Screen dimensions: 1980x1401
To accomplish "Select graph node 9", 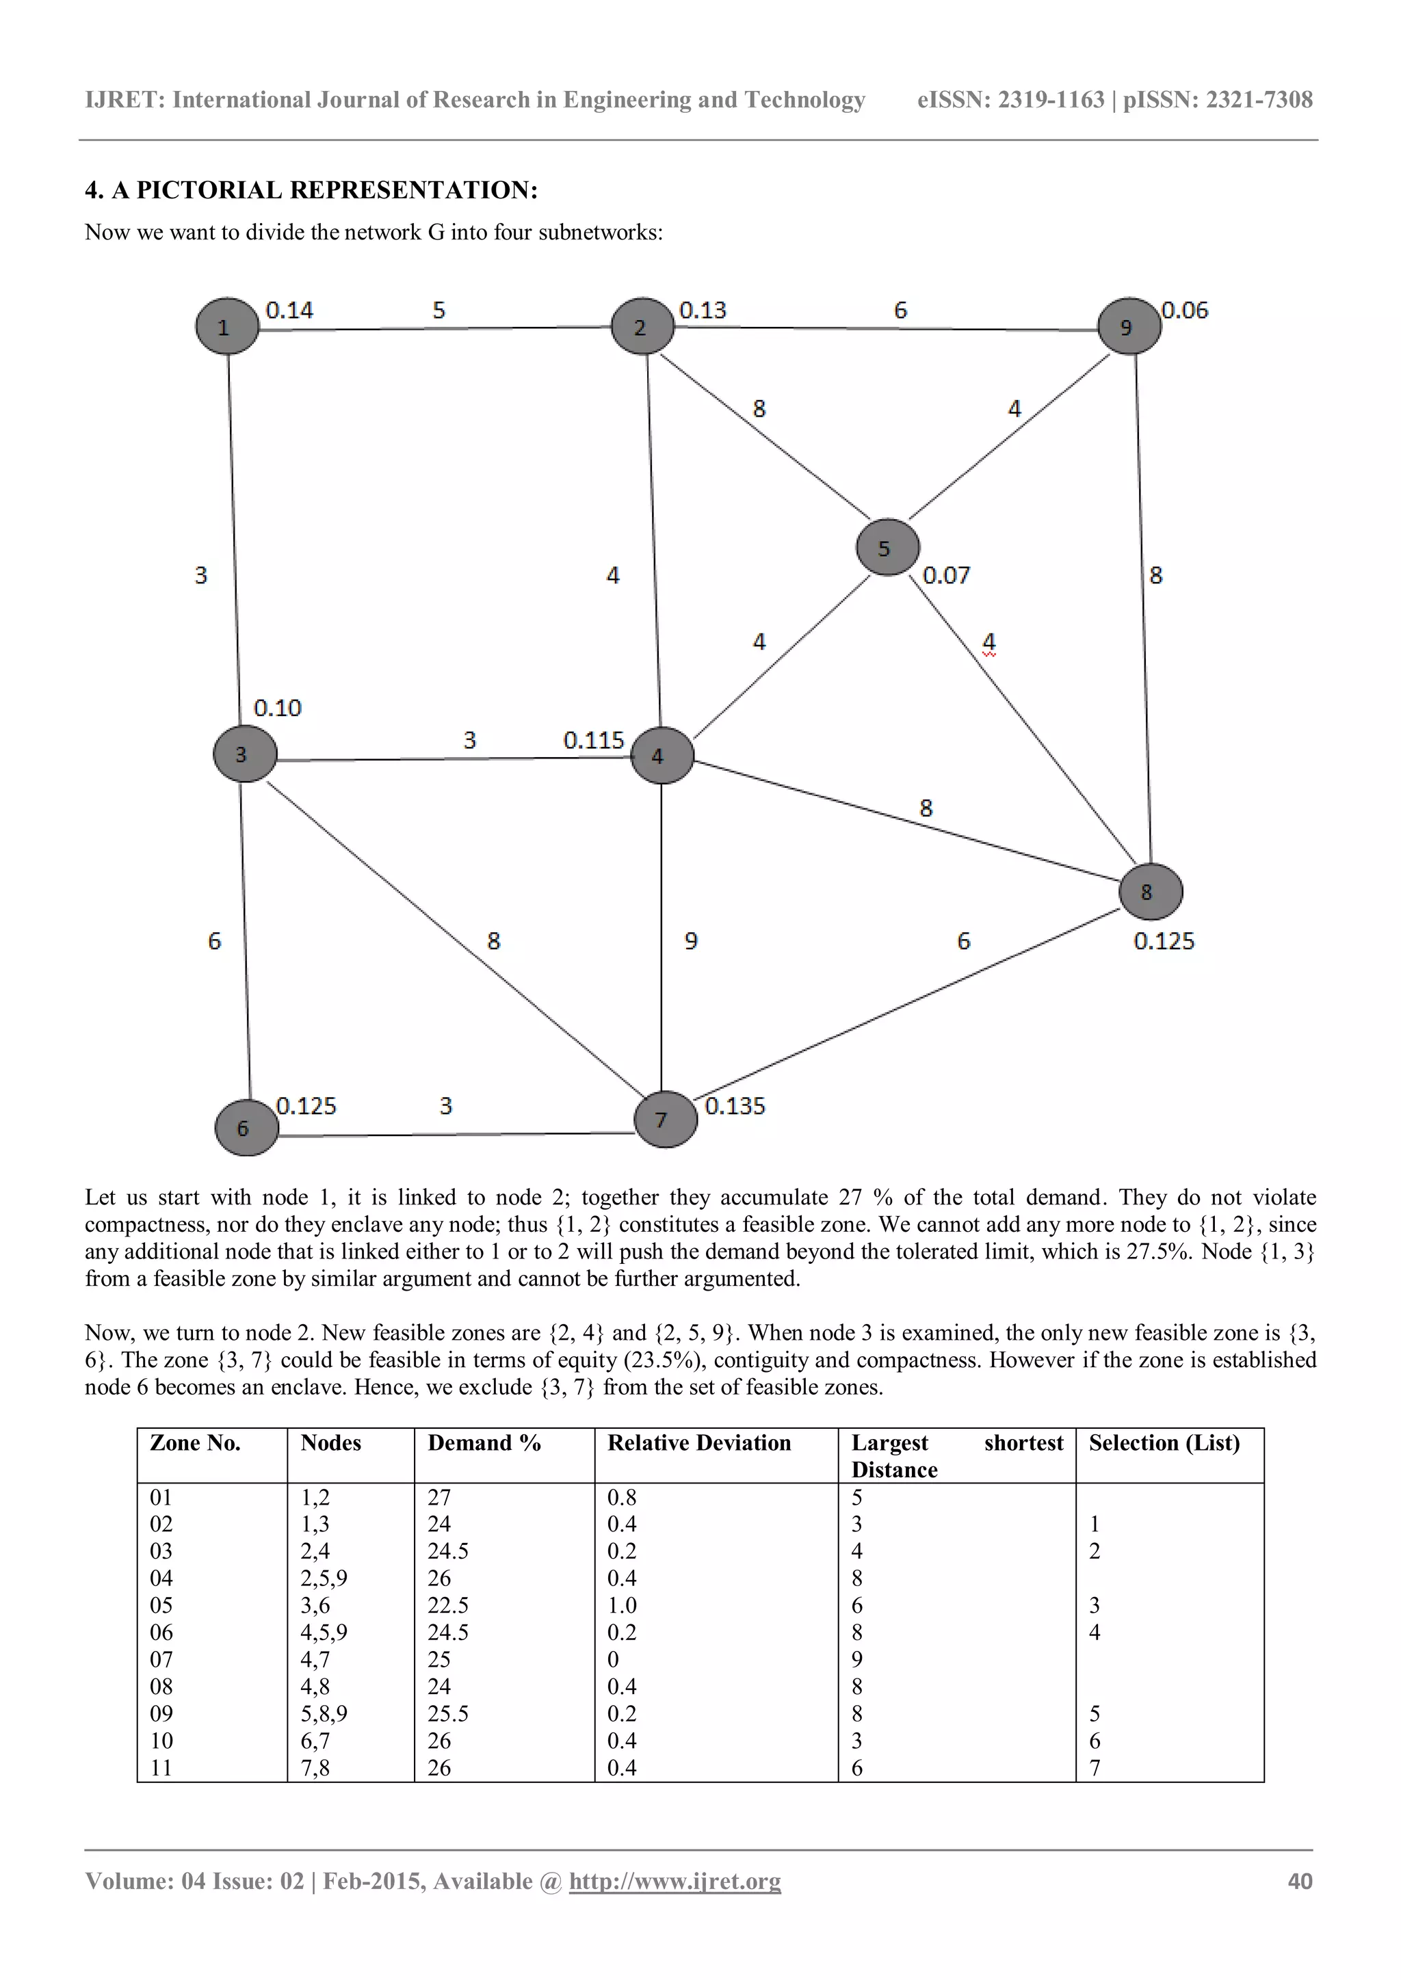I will [x=1128, y=326].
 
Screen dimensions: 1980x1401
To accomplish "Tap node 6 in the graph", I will [x=246, y=1127].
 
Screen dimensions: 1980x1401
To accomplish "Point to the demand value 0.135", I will [x=734, y=1105].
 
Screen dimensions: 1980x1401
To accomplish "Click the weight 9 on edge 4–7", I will [x=691, y=941].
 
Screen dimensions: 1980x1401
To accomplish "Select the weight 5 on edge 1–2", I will [x=438, y=311].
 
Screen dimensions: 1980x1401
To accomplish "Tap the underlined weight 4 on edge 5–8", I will [x=988, y=642].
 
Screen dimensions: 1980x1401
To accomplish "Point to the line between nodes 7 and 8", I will [x=906, y=1001].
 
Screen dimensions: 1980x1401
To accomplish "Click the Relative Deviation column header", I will [x=698, y=1442].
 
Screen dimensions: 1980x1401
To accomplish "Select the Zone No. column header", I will [x=195, y=1442].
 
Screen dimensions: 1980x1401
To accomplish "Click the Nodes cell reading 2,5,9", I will [x=324, y=1578].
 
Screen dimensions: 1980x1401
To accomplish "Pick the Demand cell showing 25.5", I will [x=448, y=1713].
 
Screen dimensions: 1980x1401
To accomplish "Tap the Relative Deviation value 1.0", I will [x=621, y=1605].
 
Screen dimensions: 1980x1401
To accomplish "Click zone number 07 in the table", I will [x=161, y=1659].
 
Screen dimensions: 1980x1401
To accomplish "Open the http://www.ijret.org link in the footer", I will [x=675, y=1881].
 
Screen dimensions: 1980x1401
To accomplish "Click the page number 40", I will [x=1299, y=1881].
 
